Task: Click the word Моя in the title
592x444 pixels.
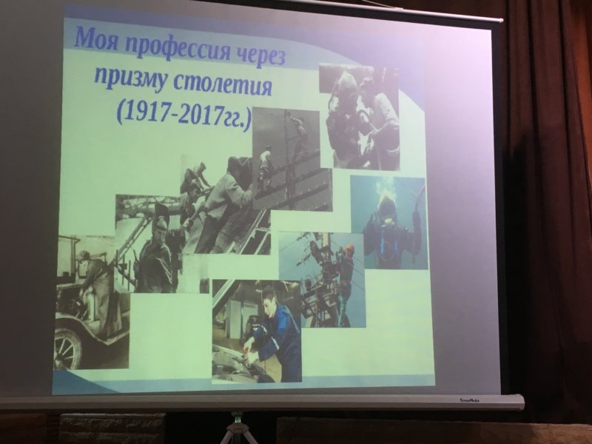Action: point(96,39)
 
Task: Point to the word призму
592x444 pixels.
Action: point(129,78)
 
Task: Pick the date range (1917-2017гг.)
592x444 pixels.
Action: point(184,114)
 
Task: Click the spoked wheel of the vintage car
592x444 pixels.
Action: point(67,348)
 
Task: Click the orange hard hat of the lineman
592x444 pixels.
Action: point(349,249)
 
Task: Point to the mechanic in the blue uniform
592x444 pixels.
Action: point(271,332)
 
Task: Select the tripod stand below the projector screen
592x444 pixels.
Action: point(236,428)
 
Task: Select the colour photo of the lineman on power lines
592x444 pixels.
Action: point(322,280)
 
